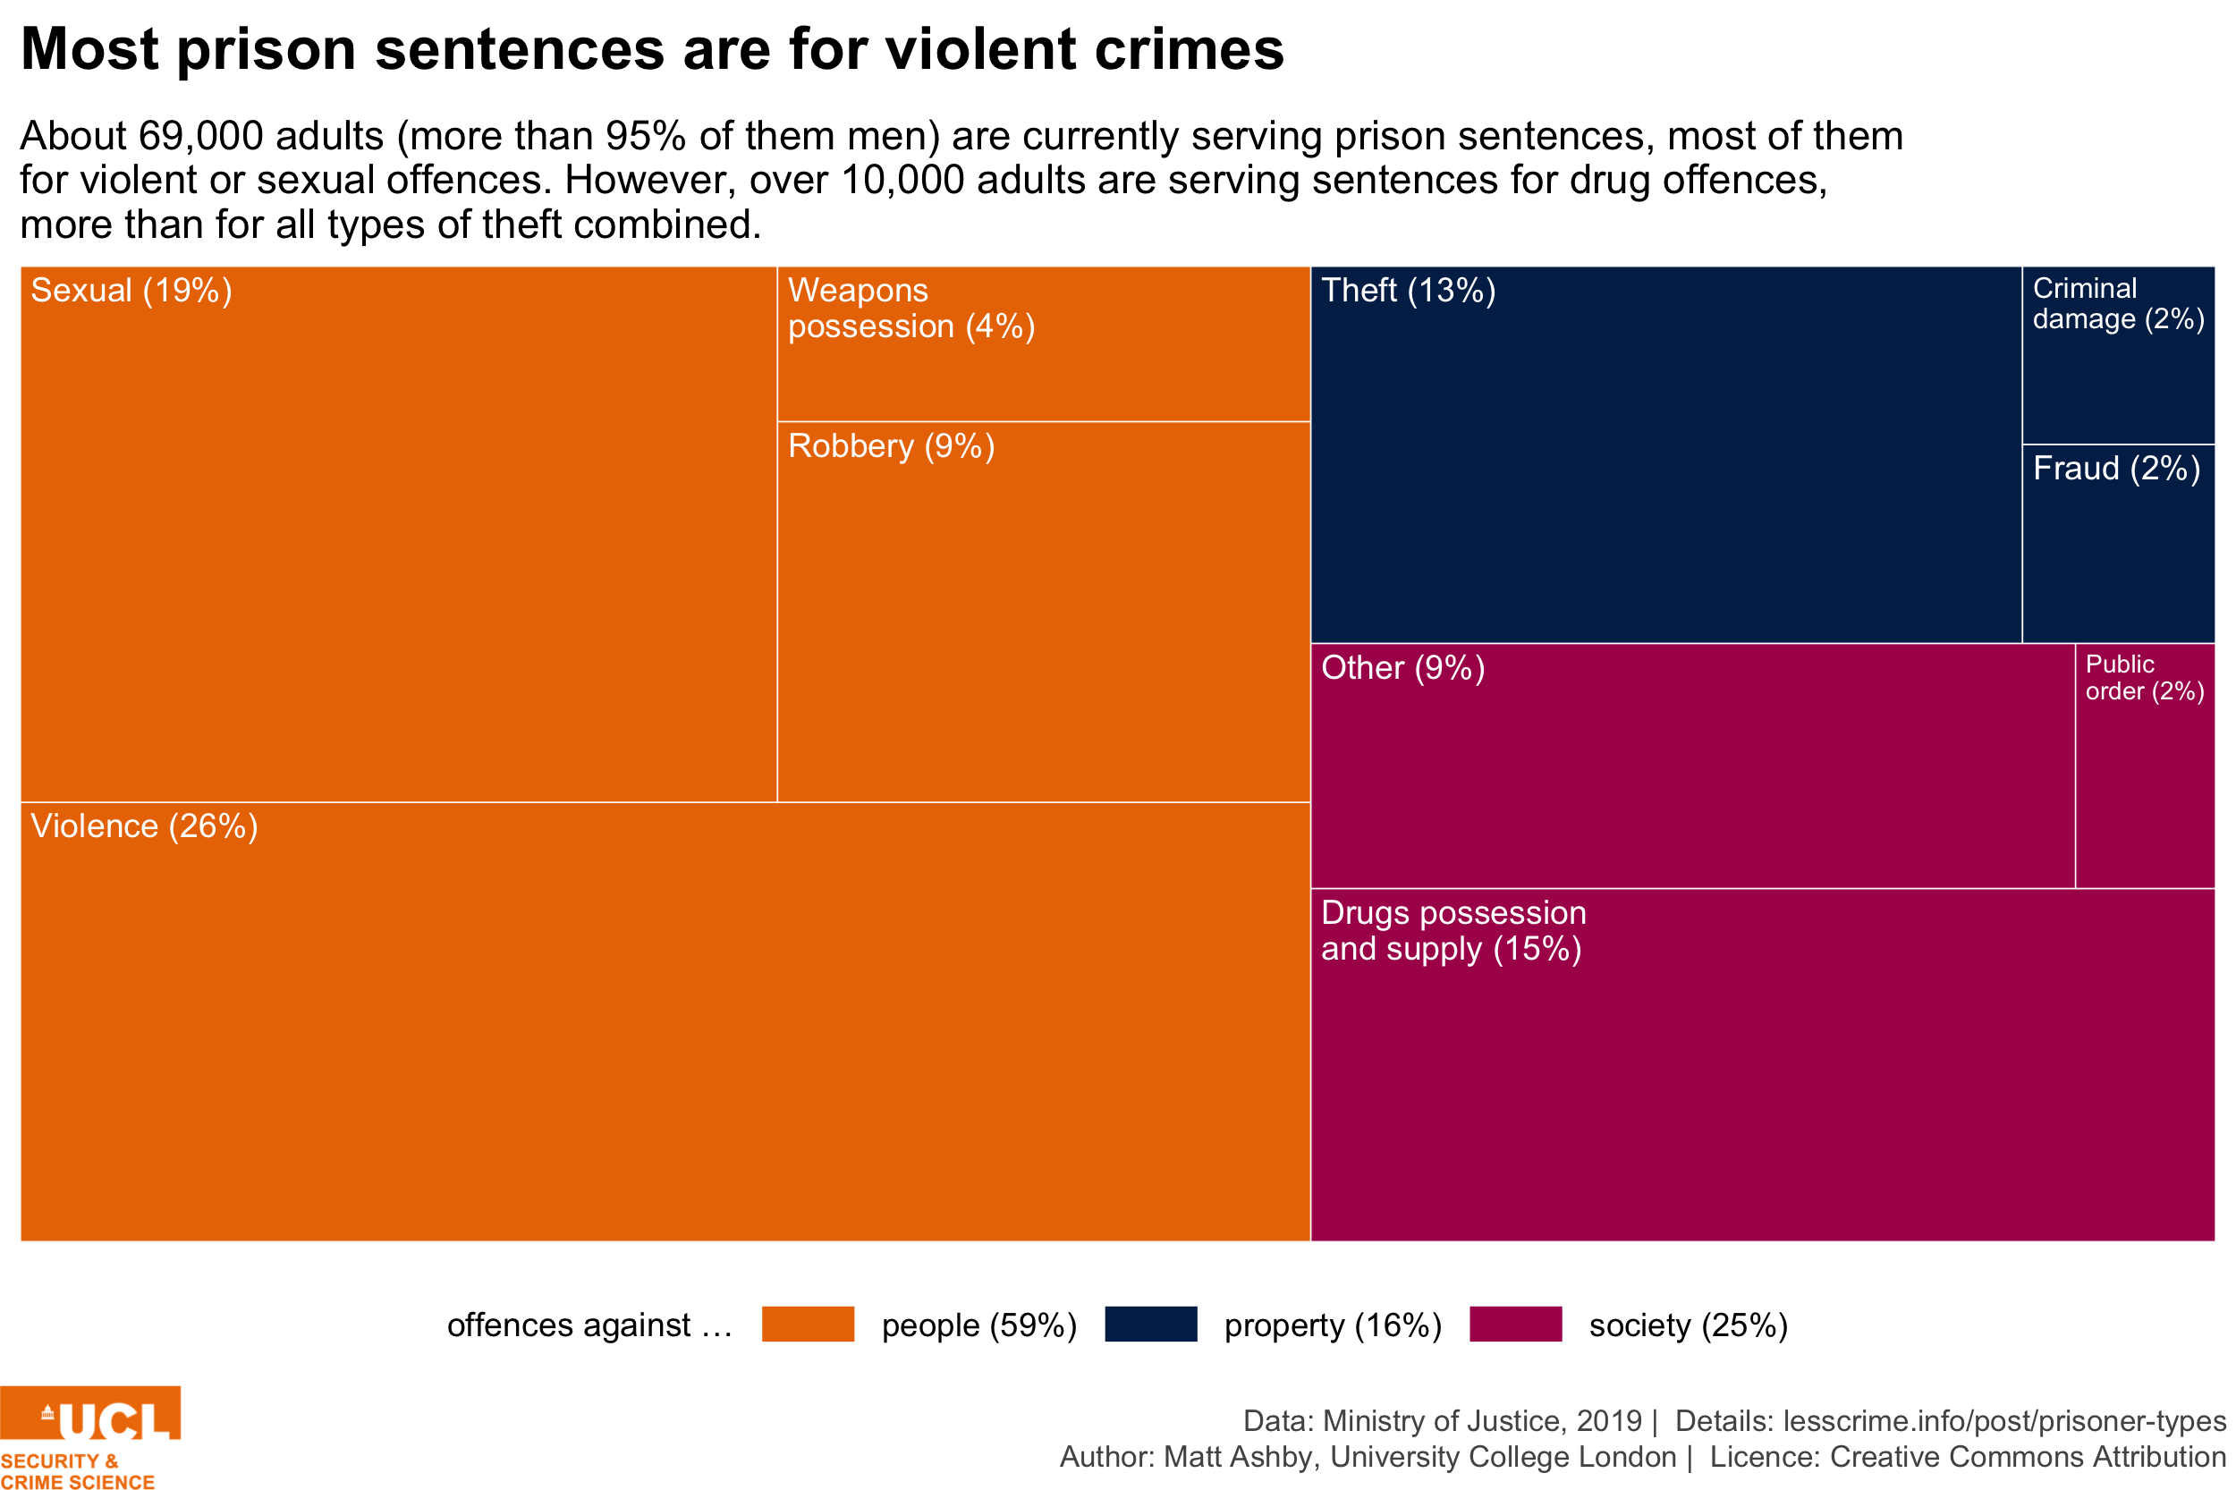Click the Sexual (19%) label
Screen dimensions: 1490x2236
[131, 291]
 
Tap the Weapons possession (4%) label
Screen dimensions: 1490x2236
[910, 308]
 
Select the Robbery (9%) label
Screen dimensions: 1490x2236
[891, 446]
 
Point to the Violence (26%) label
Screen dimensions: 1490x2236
[143, 826]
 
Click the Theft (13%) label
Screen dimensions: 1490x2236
[1408, 291]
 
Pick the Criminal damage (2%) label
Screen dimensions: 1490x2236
[2117, 304]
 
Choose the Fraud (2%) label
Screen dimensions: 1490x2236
[2115, 469]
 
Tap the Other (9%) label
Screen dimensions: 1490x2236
[1402, 668]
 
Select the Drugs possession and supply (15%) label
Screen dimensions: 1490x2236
[1452, 930]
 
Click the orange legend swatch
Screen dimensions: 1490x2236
[808, 1324]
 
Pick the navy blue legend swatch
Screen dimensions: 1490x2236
[1150, 1324]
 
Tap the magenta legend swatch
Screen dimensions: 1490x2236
[1515, 1324]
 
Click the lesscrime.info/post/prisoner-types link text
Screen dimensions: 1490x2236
[2004, 1420]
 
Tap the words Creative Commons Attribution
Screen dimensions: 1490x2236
[2027, 1457]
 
